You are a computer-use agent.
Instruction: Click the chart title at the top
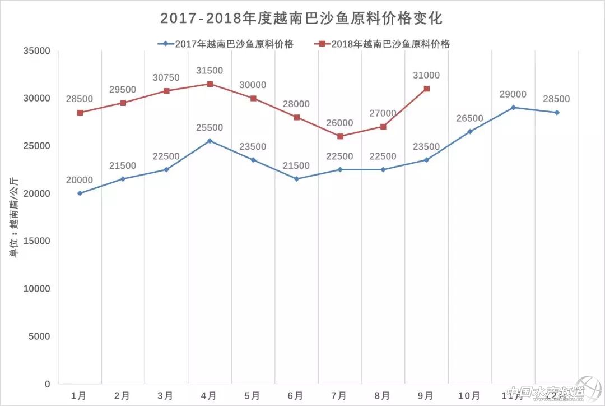(301, 19)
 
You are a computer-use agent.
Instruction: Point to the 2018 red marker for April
(210, 84)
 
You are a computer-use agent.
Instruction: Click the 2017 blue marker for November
(513, 107)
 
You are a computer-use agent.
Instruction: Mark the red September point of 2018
(426, 89)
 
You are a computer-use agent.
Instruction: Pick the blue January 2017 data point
(80, 193)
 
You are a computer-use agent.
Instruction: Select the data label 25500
(209, 128)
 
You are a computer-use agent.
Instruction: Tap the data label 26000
(339, 123)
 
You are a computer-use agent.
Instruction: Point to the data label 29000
(513, 94)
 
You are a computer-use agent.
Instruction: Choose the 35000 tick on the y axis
(36, 51)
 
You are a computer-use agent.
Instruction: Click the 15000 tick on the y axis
(36, 241)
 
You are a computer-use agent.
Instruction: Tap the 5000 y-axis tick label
(39, 336)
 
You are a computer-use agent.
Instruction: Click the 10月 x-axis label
(469, 395)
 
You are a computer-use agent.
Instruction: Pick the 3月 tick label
(166, 395)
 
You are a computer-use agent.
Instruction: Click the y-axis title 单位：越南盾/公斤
(14, 216)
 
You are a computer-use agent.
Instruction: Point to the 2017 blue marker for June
(296, 179)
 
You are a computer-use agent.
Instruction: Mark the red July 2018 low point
(339, 136)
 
